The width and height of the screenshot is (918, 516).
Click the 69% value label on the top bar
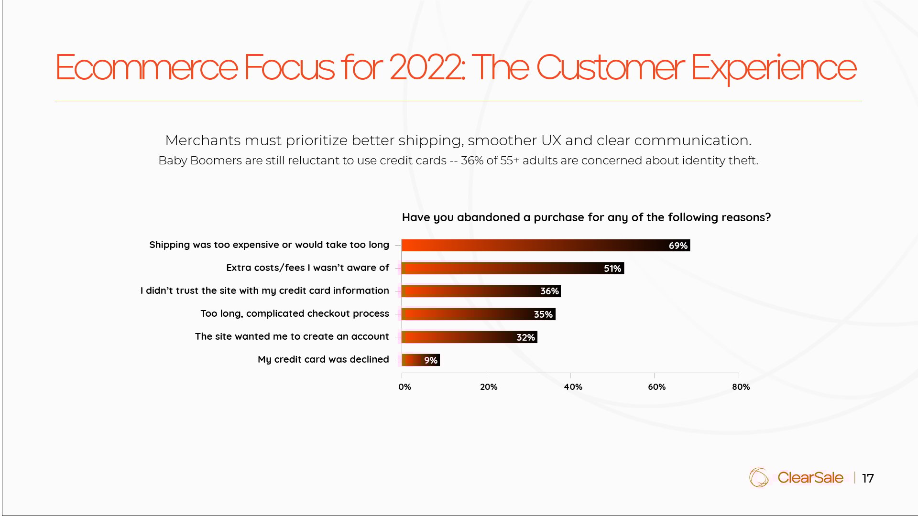pos(678,246)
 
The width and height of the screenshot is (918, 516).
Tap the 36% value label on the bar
pos(549,291)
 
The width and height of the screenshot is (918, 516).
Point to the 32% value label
pos(525,337)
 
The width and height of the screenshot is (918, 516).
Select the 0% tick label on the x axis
pos(404,387)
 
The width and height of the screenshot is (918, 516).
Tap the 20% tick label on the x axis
pos(489,387)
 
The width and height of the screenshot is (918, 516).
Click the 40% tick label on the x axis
pos(573,387)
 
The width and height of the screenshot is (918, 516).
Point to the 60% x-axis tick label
pos(656,387)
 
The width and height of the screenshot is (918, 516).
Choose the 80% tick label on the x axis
pos(741,387)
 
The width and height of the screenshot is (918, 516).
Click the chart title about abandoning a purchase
pos(586,217)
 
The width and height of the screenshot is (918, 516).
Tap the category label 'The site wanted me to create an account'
pos(292,336)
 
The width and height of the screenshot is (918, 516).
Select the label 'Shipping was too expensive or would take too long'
pos(269,245)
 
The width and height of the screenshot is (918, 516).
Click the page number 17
pos(868,478)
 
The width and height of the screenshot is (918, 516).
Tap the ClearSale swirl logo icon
pos(759,477)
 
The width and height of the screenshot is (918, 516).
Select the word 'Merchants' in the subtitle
pos(203,140)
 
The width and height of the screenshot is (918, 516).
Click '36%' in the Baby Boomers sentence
pos(472,161)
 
